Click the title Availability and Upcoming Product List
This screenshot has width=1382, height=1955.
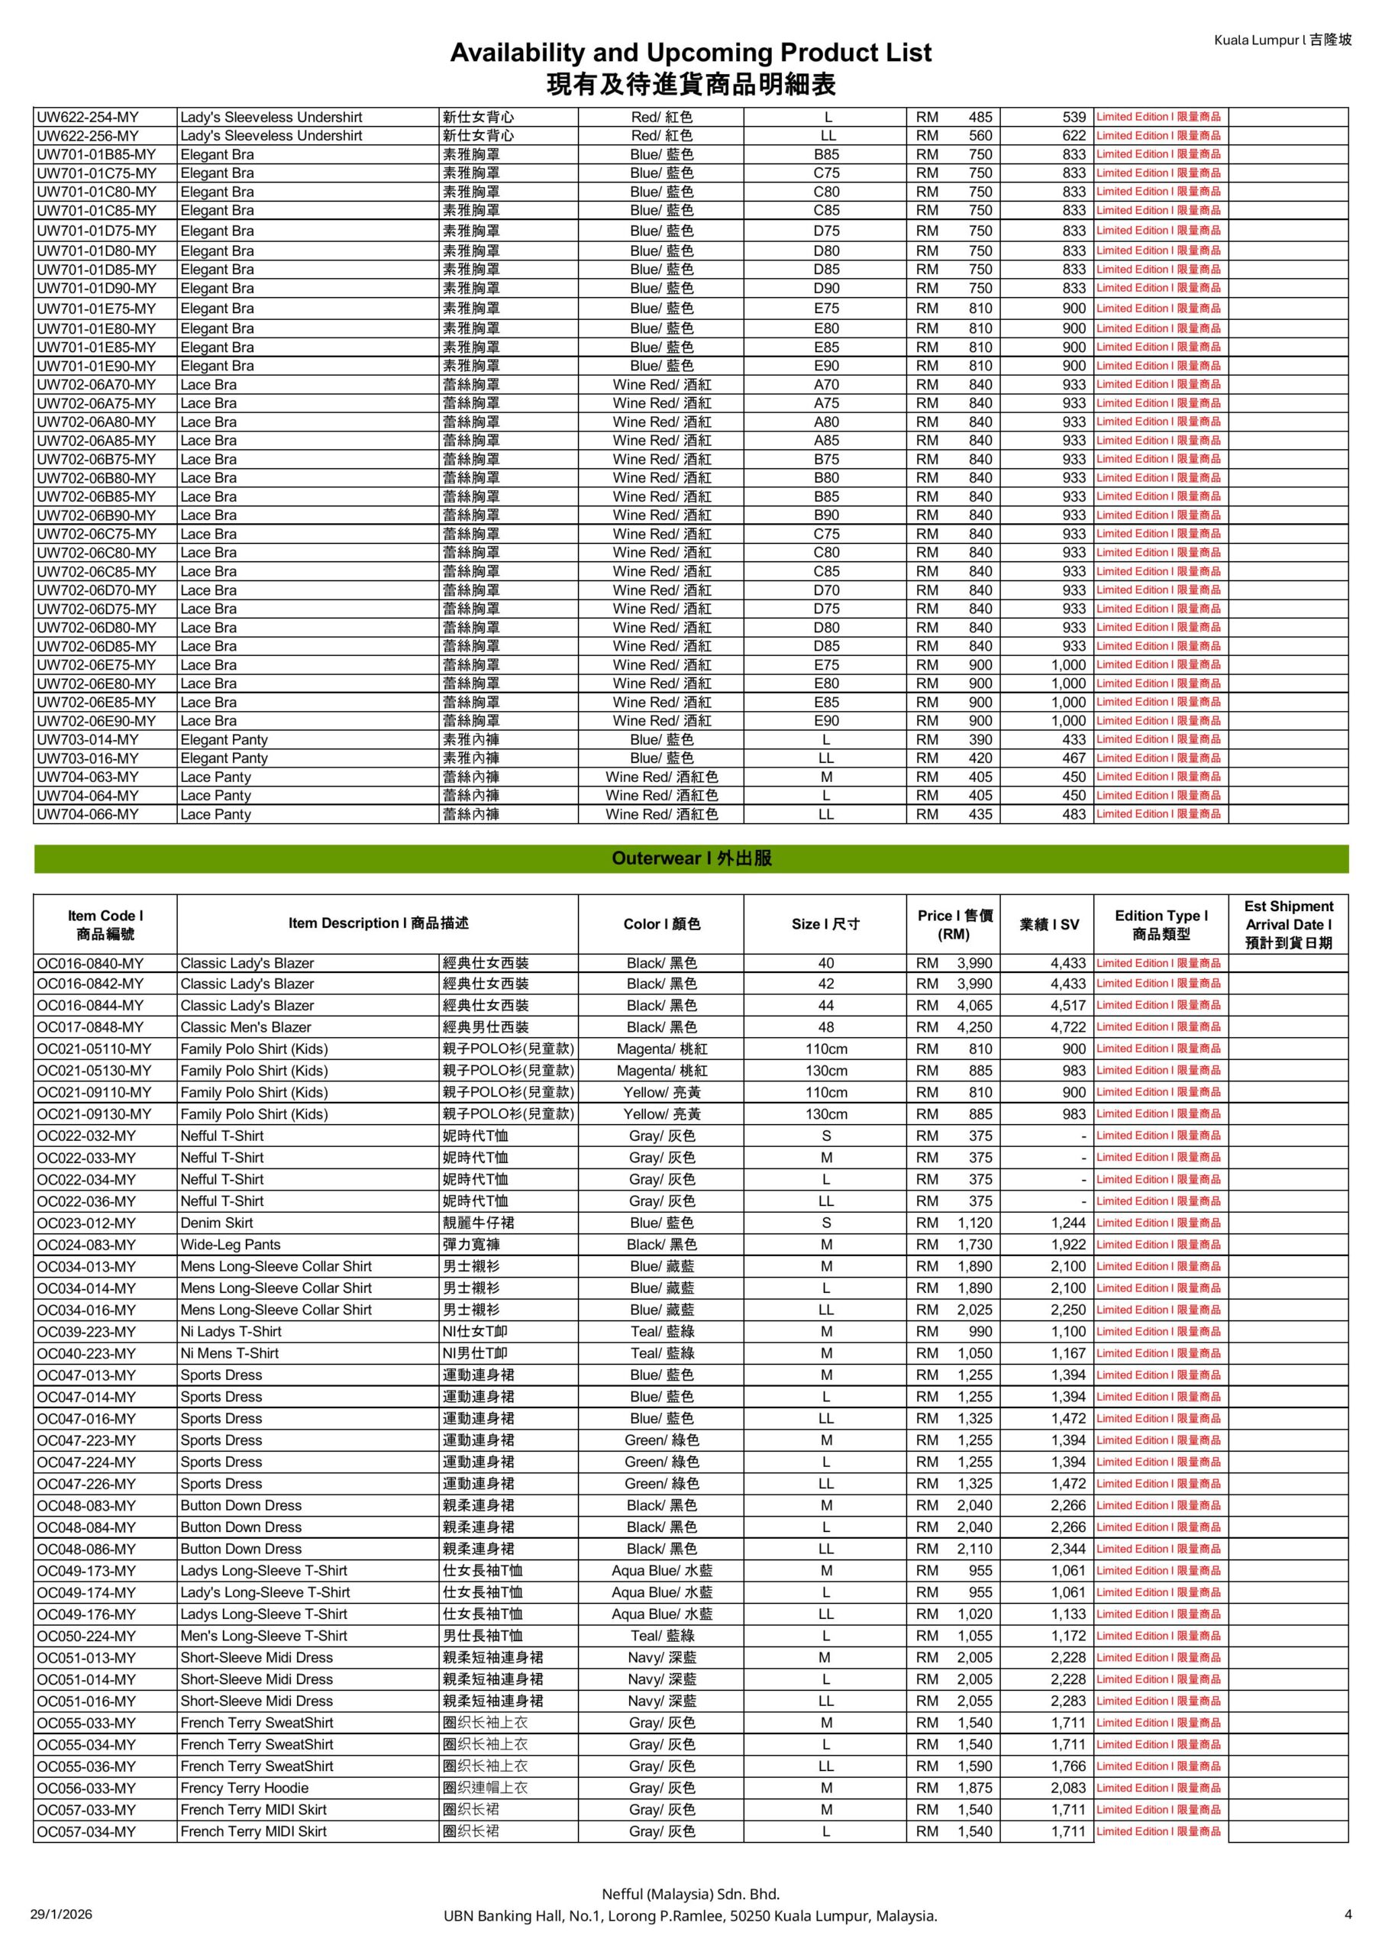[690, 53]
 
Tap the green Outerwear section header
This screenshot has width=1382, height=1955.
[690, 858]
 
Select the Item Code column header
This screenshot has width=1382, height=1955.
[105, 924]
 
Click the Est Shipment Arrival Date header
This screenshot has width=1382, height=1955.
[1287, 924]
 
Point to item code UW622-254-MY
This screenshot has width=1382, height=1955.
[88, 118]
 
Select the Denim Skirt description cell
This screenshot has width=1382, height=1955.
[216, 1223]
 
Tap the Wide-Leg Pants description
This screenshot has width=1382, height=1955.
[230, 1245]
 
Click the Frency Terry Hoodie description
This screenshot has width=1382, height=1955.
[244, 1788]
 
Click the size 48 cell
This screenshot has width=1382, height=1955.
[825, 1027]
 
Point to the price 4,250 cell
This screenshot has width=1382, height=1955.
[974, 1027]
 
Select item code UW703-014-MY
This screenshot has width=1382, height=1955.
[88, 740]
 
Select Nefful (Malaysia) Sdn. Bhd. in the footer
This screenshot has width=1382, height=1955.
[690, 1894]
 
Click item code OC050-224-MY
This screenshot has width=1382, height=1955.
[86, 1636]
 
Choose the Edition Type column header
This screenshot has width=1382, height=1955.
[1161, 924]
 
